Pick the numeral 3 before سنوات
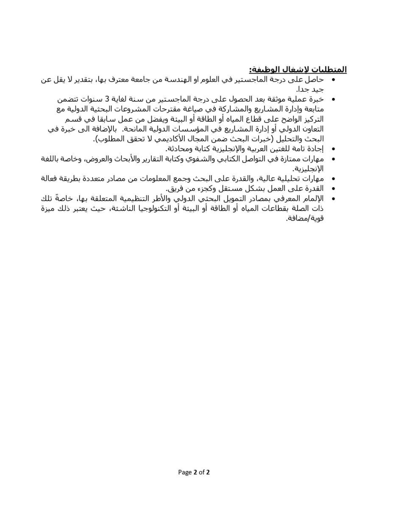pos(108,99)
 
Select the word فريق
pos(173,188)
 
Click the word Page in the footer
pos(185,472)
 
